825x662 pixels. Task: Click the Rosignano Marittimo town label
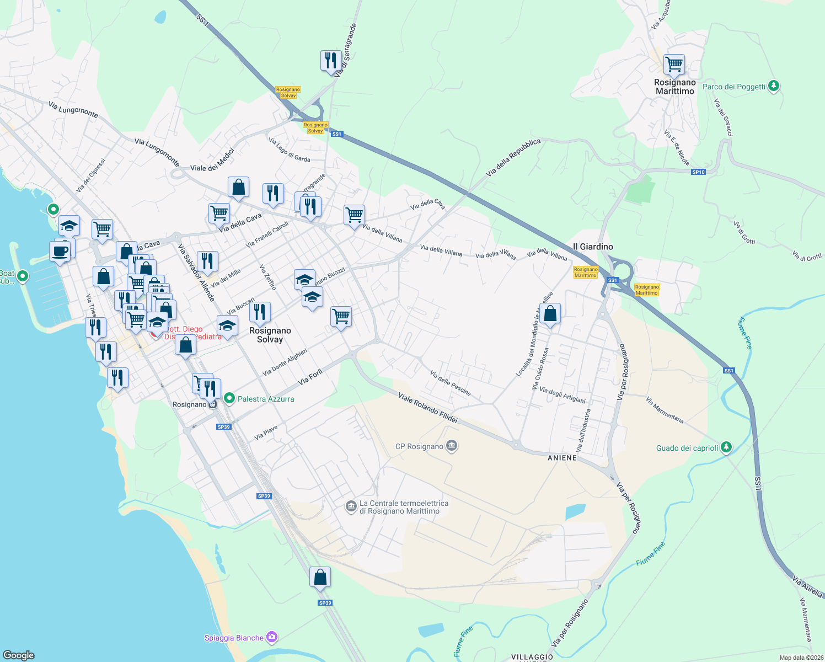click(674, 87)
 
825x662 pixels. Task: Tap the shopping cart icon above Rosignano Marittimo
click(674, 64)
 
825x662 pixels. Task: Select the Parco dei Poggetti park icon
click(774, 86)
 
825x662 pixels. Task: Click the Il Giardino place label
click(593, 247)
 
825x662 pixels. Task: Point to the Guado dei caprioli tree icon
click(726, 447)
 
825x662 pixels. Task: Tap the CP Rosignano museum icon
click(452, 446)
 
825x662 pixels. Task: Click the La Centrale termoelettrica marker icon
click(351, 506)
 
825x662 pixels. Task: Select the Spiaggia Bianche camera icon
click(271, 637)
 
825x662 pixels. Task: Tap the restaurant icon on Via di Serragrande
click(331, 60)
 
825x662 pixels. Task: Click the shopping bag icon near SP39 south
click(320, 577)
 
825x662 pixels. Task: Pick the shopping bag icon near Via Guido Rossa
click(550, 313)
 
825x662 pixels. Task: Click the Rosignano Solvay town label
click(270, 335)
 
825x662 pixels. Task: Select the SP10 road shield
click(698, 172)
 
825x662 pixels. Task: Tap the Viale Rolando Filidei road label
click(427, 408)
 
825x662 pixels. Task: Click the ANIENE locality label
click(562, 458)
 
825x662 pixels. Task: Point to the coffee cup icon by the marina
click(60, 252)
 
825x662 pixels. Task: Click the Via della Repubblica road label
click(513, 158)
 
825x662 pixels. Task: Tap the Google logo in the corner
click(19, 655)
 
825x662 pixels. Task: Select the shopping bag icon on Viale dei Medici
click(238, 188)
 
